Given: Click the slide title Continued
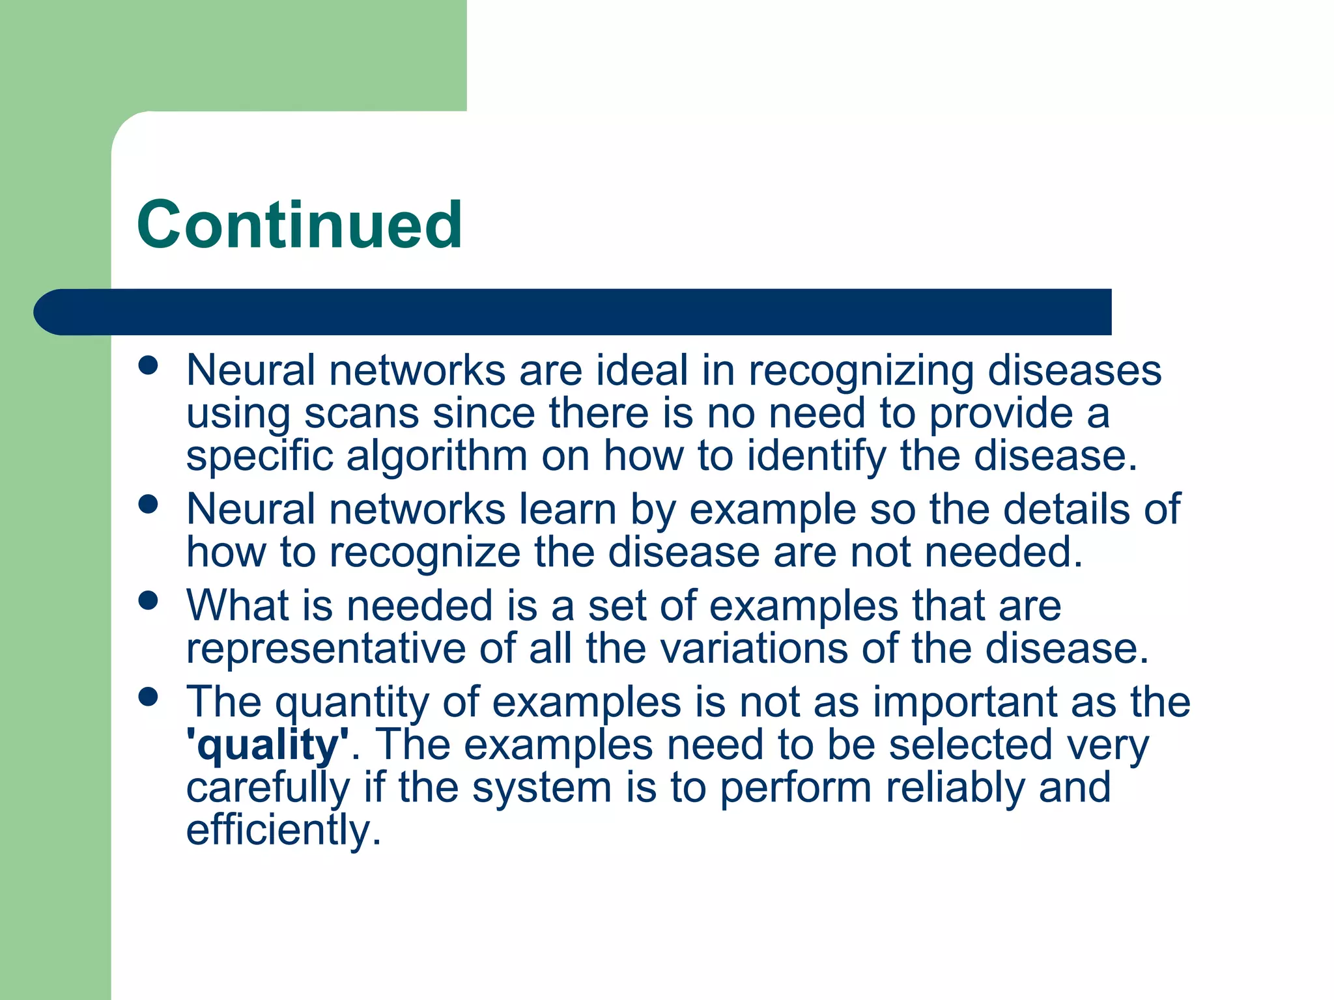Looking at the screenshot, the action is coord(300,225).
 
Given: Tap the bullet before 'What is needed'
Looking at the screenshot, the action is coord(149,600).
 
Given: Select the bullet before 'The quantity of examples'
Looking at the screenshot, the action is coord(149,697).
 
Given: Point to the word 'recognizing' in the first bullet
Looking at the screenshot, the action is coord(860,371).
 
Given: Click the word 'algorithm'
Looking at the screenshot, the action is coord(436,456).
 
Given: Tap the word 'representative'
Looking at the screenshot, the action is coord(326,649).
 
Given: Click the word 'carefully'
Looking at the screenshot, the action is coord(268,788).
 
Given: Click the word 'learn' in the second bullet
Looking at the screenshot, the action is coord(567,509).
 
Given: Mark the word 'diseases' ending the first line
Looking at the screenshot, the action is coord(1074,371).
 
